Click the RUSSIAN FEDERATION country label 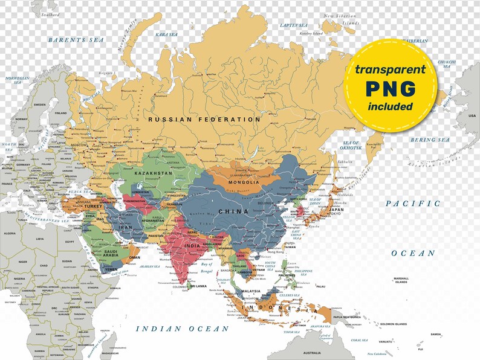(x=204, y=120)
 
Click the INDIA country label (x=192, y=245)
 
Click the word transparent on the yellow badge (x=390, y=70)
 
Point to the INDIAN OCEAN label (x=182, y=329)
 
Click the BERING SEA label (x=430, y=140)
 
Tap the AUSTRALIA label (x=312, y=353)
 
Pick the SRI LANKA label (x=198, y=286)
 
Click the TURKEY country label (x=94, y=206)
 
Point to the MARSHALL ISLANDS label (x=401, y=281)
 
